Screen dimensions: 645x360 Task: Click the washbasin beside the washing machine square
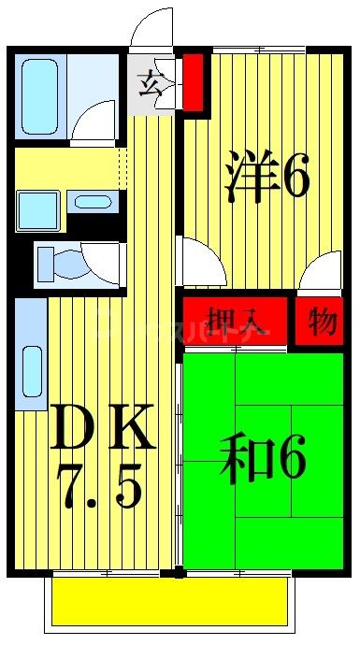click(92, 202)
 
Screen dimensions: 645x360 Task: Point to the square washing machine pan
click(37, 208)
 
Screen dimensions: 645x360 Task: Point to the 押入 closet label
click(238, 321)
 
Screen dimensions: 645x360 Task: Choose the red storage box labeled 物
click(321, 322)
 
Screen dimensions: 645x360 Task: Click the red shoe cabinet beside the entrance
click(194, 81)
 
